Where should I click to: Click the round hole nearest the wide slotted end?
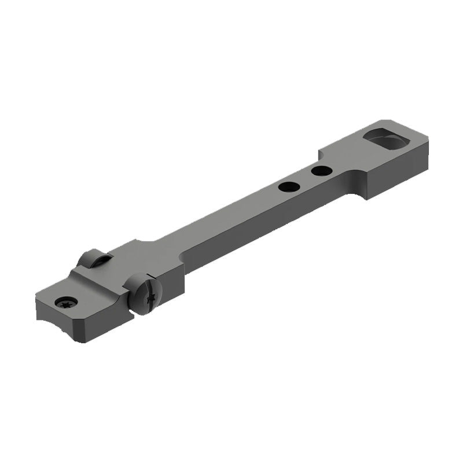[x=321, y=171]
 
